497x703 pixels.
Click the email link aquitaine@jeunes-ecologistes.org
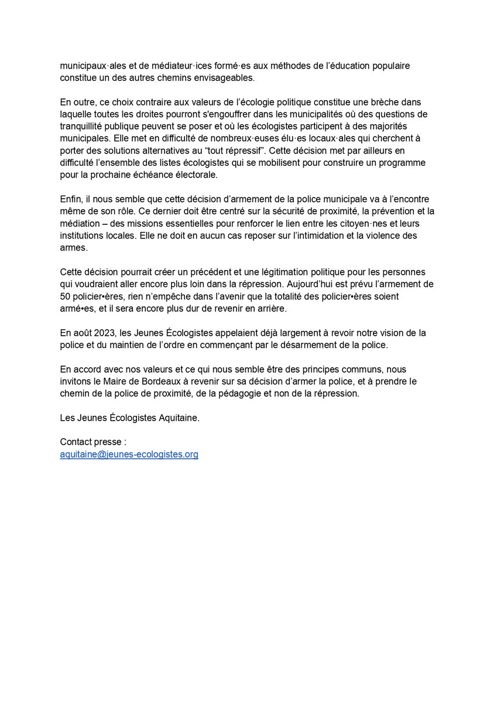129,454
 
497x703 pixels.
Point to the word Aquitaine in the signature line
175,418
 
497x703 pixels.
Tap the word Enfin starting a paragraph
71,199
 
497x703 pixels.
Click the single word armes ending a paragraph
73,247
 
